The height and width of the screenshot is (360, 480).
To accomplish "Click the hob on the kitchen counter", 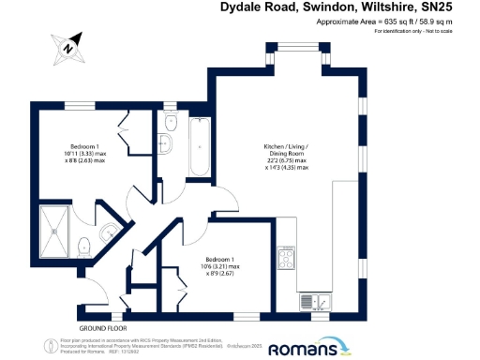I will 285,258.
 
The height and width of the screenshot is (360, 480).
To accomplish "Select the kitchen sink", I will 312,302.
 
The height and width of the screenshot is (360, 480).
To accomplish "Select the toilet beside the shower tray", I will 84,246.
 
